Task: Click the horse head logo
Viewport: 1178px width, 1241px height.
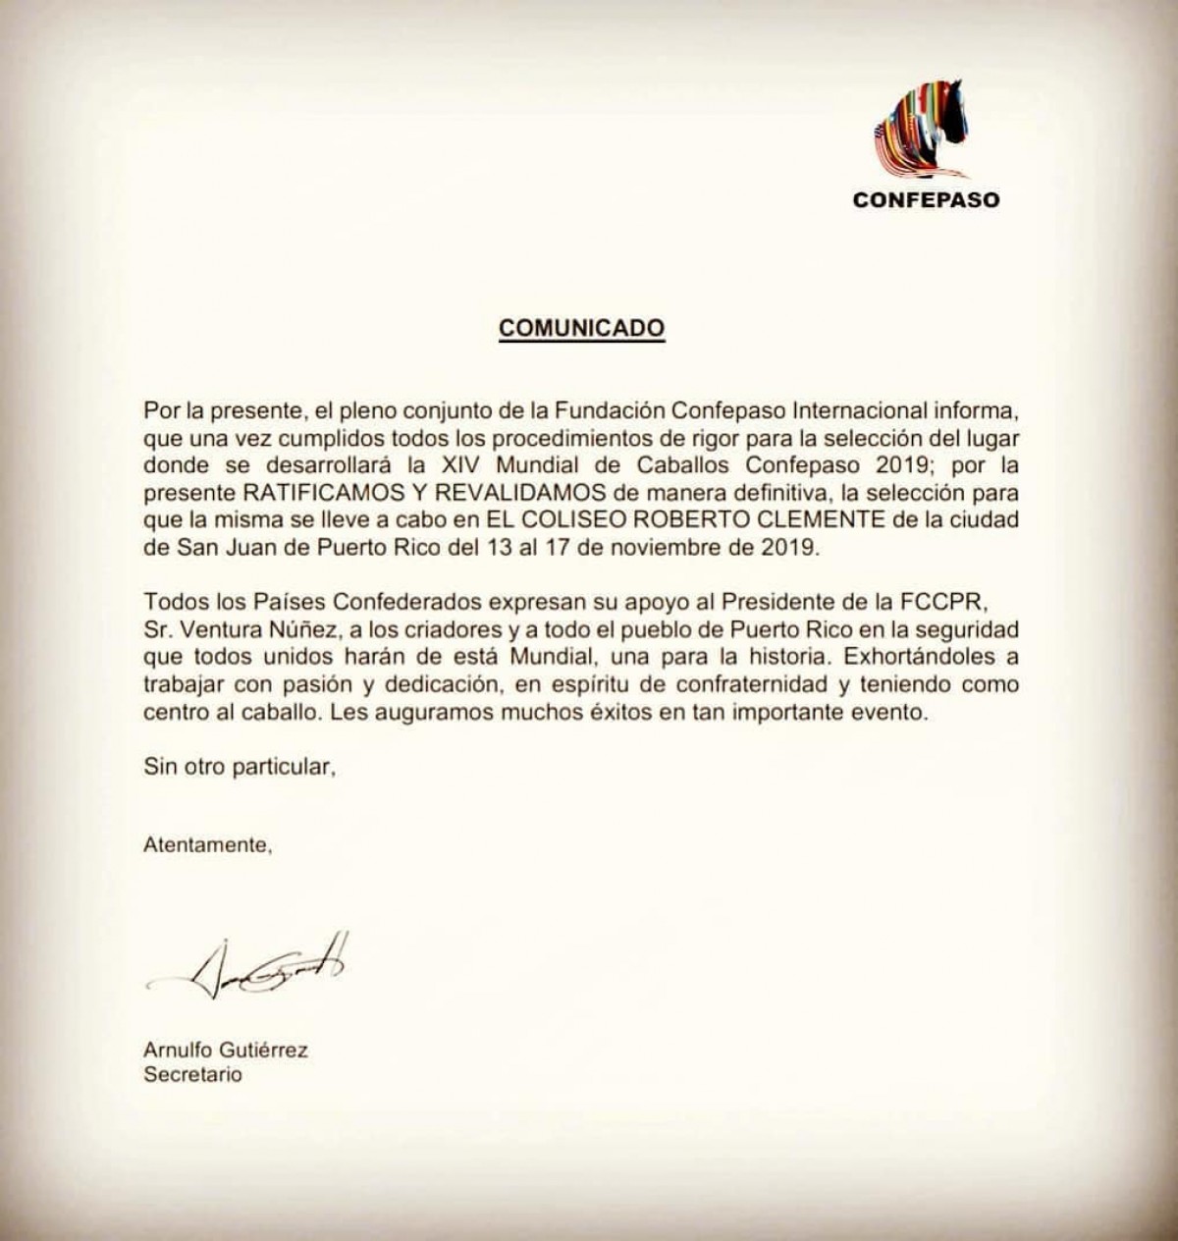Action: pos(924,131)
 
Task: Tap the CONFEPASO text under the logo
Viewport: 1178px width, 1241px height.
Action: pos(926,199)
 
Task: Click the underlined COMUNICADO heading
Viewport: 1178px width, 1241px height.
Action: pos(582,327)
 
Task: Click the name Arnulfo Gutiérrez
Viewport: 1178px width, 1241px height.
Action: pos(226,1050)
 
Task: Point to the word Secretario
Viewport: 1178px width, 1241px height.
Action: pos(192,1074)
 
